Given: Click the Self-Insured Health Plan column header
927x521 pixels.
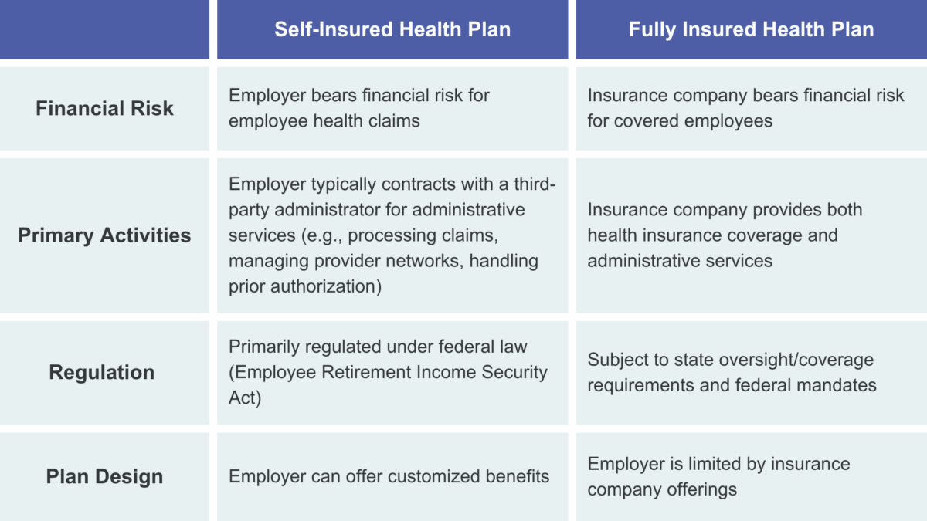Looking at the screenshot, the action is pyautogui.click(x=392, y=29).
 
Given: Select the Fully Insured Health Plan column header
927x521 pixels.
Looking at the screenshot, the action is pyautogui.click(x=751, y=29).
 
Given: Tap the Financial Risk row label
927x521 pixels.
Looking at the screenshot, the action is pyautogui.click(x=104, y=108).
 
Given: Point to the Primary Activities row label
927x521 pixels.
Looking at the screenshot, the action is pyautogui.click(x=104, y=235).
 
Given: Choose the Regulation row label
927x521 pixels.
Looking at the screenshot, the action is pyautogui.click(x=102, y=372).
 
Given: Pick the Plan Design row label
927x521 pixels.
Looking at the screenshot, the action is pyautogui.click(x=104, y=476).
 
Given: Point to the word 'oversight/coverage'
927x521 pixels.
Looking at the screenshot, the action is pyautogui.click(x=795, y=360).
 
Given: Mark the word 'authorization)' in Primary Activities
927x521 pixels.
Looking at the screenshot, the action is pyautogui.click(x=326, y=286).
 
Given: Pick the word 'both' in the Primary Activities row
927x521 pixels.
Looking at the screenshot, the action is pyautogui.click(x=844, y=210).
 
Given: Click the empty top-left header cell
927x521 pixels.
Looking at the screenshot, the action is pyautogui.click(x=104, y=29).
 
